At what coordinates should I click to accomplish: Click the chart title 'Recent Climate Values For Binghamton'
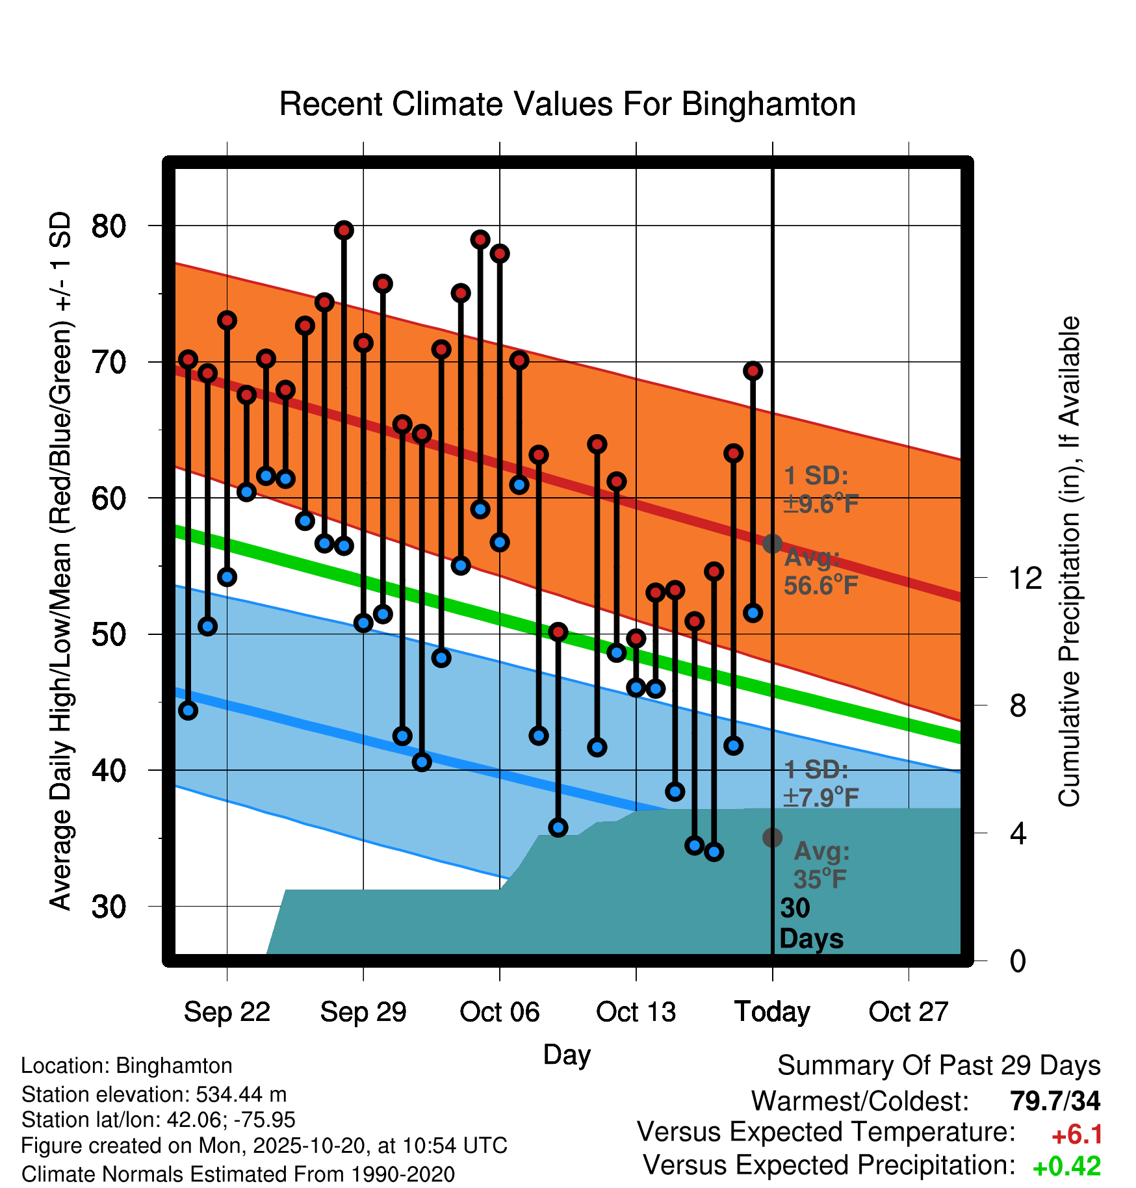tap(567, 104)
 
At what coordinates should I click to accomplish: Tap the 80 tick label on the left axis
tap(109, 226)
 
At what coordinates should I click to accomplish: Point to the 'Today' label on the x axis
tap(772, 1011)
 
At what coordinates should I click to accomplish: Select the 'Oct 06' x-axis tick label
tap(499, 1011)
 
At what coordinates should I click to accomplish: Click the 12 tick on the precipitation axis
tap(1025, 578)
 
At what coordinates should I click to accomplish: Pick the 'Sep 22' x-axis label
tap(227, 1011)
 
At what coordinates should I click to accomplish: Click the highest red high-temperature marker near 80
tap(344, 230)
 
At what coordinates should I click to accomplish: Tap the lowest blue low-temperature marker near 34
tap(714, 851)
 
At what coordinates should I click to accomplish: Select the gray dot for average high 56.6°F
tap(772, 543)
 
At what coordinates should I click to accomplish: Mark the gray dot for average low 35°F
tap(772, 838)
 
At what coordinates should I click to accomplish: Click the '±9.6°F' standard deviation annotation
tap(821, 504)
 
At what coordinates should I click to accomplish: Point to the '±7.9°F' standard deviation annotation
tap(821, 797)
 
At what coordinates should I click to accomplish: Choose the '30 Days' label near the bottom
tap(810, 923)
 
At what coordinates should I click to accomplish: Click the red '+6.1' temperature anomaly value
tap(1077, 1135)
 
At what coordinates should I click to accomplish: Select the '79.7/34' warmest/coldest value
tap(1055, 1101)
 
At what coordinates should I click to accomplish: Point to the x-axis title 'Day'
tap(567, 1054)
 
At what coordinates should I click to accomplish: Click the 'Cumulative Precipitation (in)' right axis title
tap(1069, 562)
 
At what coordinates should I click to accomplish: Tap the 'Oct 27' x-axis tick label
tap(909, 1011)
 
